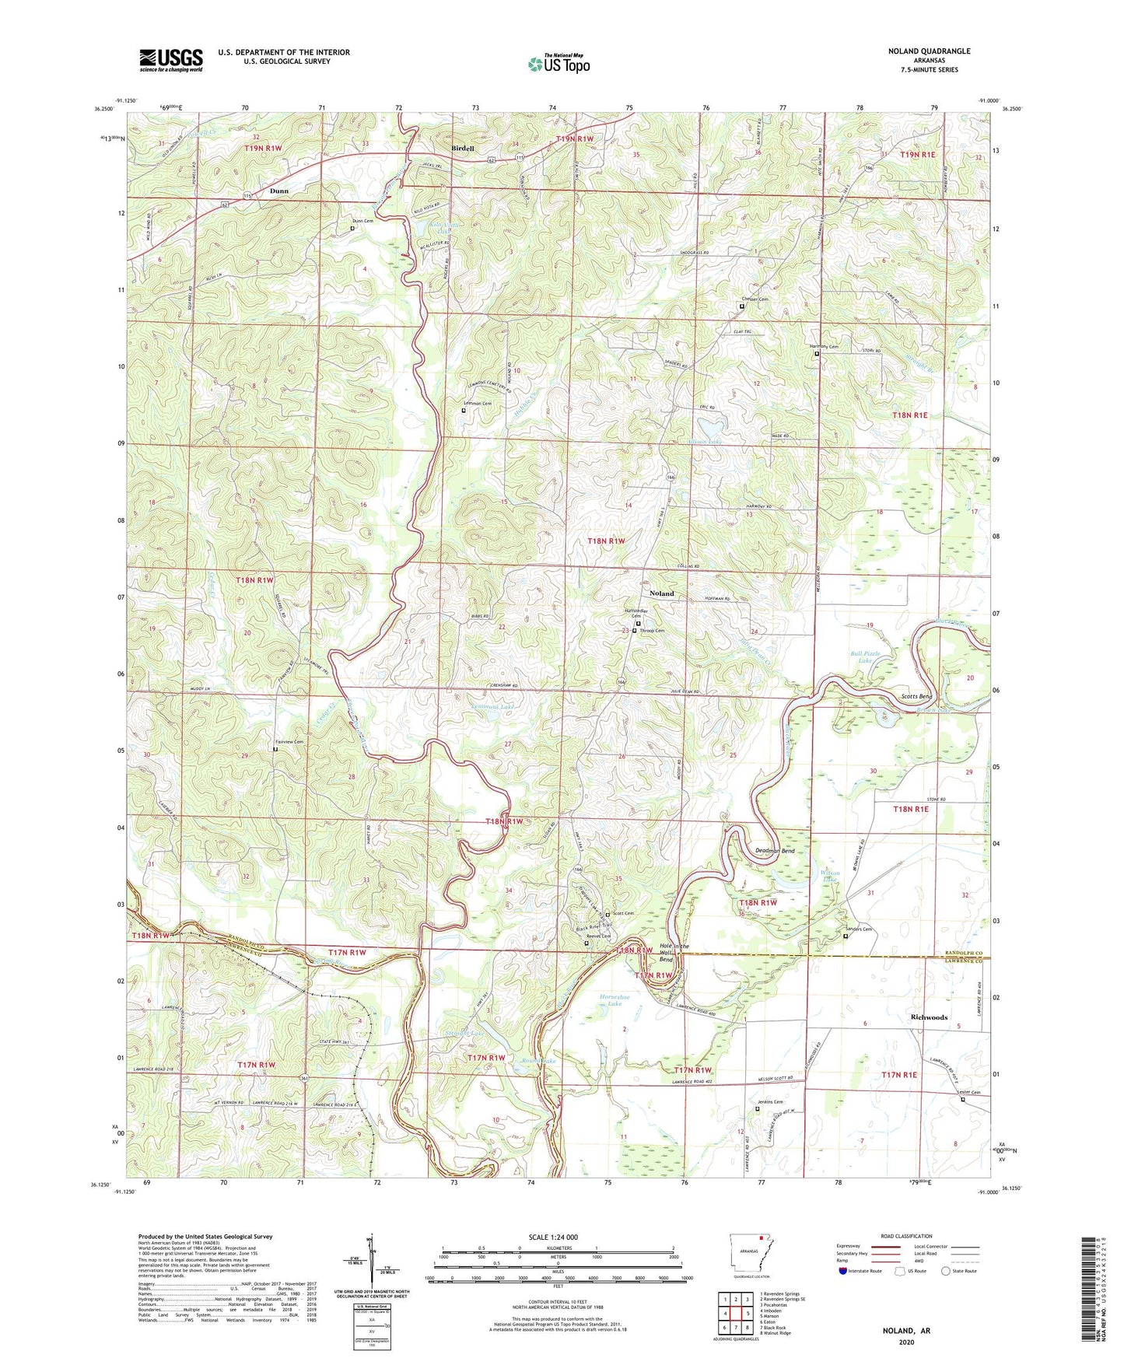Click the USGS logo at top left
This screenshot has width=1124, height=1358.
click(171, 60)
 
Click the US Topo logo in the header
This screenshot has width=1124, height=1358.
click(558, 64)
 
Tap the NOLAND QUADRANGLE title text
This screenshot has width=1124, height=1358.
click(929, 51)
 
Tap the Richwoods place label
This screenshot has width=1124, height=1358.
click(929, 1017)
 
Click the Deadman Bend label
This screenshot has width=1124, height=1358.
click(775, 851)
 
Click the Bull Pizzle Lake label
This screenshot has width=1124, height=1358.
click(865, 657)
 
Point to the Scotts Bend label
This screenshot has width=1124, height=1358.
click(916, 696)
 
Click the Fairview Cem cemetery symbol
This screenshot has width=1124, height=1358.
click(275, 750)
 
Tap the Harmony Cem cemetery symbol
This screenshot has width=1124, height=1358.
click(817, 355)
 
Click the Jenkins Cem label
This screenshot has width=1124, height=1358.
click(769, 1102)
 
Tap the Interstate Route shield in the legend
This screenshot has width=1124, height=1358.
click(844, 1271)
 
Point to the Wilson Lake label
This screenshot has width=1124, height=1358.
click(830, 877)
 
